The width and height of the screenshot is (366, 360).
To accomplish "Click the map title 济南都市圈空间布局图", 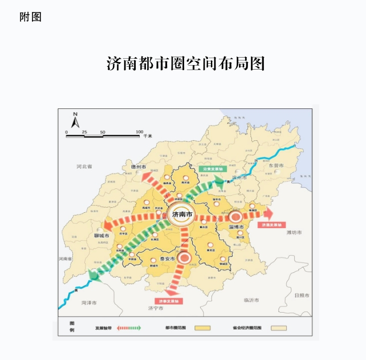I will click(x=186, y=63).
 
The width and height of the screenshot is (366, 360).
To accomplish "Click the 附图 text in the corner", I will click(x=30, y=17).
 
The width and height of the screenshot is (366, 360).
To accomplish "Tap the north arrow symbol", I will click(x=75, y=120).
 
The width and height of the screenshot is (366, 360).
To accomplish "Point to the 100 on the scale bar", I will click(x=139, y=132).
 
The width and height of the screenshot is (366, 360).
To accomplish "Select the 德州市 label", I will click(x=139, y=167).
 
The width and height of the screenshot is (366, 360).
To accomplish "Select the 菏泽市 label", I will click(x=90, y=302).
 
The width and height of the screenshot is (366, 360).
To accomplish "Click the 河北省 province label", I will click(x=84, y=167).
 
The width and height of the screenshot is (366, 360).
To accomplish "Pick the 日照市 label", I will click(x=301, y=296).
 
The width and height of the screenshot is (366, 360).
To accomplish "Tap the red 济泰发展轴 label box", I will click(x=169, y=301).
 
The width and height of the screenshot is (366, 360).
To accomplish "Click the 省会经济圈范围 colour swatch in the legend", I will click(x=279, y=328).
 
